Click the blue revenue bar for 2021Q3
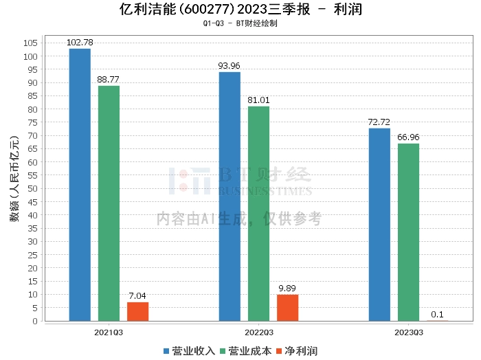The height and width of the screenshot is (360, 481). (x=80, y=184)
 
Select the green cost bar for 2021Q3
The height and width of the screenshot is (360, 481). (x=109, y=203)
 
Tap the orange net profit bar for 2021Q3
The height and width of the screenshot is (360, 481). (x=137, y=311)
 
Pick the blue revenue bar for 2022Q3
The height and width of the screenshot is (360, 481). (x=230, y=196)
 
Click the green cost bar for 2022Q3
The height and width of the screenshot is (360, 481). (x=258, y=213)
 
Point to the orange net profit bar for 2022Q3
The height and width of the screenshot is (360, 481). (x=287, y=308)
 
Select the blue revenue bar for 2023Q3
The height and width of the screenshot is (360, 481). (x=379, y=224)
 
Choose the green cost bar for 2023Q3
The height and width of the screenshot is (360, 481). (x=408, y=232)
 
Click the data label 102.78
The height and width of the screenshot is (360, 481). (x=80, y=43)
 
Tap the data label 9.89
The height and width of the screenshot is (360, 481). (x=287, y=289)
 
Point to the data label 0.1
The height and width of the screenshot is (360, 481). (x=437, y=315)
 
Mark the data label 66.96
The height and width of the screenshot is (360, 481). (x=408, y=137)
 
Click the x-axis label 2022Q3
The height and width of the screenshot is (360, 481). (x=258, y=331)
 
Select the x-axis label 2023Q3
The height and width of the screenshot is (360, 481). (x=408, y=331)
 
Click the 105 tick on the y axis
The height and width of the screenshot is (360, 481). (x=30, y=43)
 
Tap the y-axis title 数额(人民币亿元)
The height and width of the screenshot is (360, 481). (x=14, y=183)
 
